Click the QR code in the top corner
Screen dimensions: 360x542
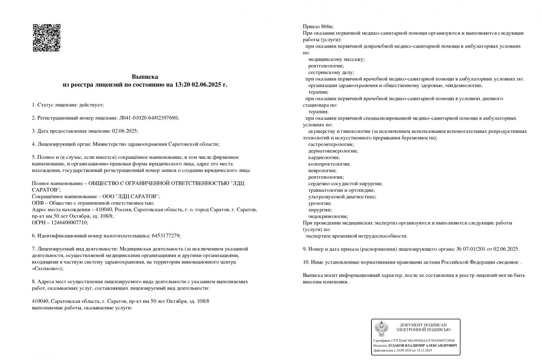point(47,38)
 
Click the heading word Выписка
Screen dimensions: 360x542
point(145,77)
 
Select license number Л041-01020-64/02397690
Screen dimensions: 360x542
point(148,118)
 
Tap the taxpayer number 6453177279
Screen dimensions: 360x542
point(165,235)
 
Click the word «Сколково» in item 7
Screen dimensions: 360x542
point(47,268)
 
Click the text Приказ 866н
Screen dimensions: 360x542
point(318,26)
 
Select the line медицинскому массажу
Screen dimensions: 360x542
point(336,59)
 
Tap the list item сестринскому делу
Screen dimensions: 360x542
point(331,72)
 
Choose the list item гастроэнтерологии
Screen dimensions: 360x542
point(331,144)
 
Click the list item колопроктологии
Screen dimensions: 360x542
point(329,164)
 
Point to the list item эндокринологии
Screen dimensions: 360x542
point(328,216)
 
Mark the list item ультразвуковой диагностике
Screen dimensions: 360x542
point(342,197)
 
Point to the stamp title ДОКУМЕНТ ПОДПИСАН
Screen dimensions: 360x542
point(423,325)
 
